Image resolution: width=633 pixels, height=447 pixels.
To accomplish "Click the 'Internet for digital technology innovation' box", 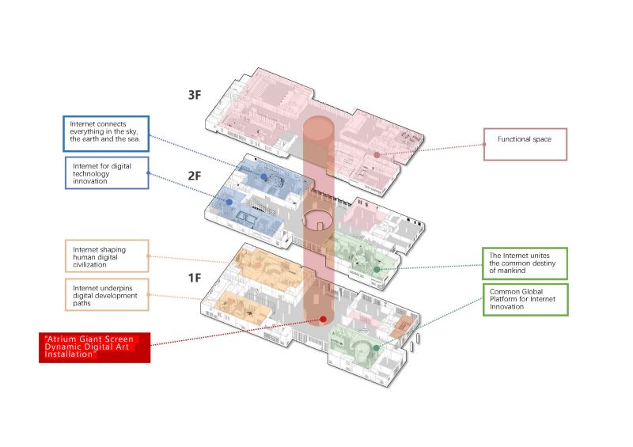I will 107,172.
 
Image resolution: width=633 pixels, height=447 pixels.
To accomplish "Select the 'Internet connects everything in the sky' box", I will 107,134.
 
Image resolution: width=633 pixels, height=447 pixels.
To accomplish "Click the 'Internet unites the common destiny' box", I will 525,263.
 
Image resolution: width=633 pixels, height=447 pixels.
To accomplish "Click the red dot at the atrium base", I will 323,320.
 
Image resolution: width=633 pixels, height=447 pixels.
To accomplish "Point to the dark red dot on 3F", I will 377,154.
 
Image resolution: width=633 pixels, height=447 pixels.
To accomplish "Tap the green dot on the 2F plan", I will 377,270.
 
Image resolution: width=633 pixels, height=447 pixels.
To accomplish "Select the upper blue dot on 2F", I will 264,177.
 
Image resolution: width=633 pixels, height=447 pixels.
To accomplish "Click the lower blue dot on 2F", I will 229,203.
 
